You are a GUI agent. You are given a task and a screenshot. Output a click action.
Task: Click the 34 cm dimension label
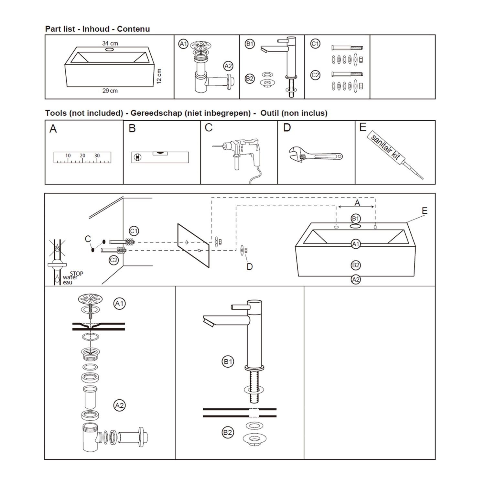click(x=110, y=43)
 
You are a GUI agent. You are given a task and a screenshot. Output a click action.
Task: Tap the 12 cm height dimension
click(x=159, y=76)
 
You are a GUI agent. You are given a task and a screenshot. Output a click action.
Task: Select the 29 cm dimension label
click(x=110, y=91)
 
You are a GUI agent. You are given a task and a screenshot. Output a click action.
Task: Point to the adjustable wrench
click(x=315, y=155)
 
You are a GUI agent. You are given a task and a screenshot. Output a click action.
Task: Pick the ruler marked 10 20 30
click(x=82, y=157)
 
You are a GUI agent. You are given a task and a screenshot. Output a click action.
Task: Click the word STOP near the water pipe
click(x=77, y=274)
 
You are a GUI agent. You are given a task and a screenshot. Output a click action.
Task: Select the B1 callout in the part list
click(x=250, y=44)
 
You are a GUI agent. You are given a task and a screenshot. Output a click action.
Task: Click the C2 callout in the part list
click(x=315, y=75)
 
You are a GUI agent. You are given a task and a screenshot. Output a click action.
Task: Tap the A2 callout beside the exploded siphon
click(x=120, y=405)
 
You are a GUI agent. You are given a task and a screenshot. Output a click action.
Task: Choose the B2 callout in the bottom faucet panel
click(x=228, y=433)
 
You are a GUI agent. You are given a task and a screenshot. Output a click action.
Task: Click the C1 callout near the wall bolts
click(x=134, y=231)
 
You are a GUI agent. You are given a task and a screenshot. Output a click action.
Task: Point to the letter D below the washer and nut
click(x=250, y=267)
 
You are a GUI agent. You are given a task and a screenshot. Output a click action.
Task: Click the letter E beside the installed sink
click(x=425, y=211)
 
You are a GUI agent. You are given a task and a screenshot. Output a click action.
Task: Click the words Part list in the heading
click(x=60, y=29)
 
